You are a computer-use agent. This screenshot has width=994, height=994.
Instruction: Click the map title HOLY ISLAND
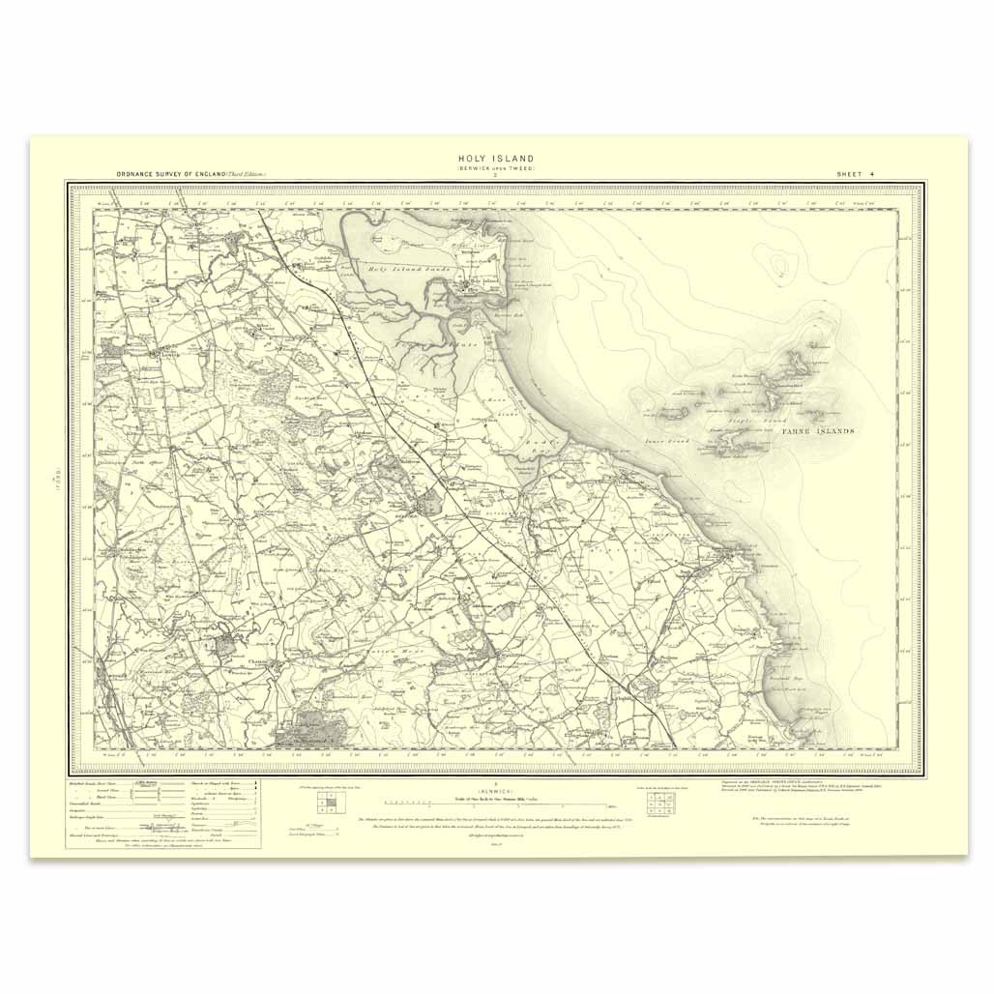pos(496,159)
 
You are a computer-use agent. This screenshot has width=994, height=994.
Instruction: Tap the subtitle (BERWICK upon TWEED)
pos(496,168)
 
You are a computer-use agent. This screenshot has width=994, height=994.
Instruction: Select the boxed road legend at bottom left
pos(162,812)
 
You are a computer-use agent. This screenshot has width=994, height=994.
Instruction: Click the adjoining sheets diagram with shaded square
pos(328,801)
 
